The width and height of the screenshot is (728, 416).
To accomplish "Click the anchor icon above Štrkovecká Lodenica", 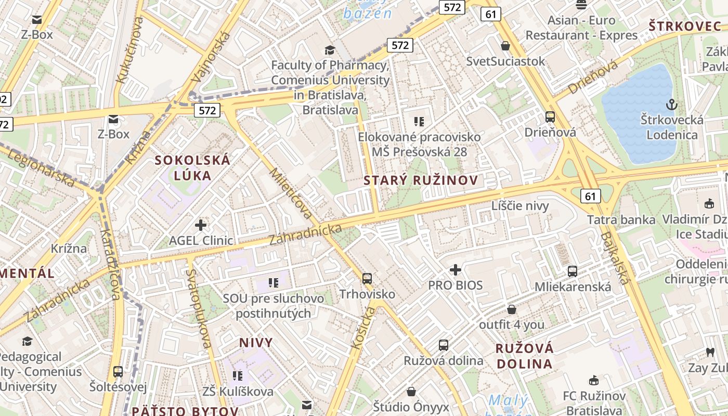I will click(x=672, y=105).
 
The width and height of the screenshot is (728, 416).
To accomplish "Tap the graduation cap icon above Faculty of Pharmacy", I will click(x=330, y=50).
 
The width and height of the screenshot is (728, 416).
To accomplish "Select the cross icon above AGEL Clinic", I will click(x=201, y=225).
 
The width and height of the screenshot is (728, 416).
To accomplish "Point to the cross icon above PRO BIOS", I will click(x=456, y=269).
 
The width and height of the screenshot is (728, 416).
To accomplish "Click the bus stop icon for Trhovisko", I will click(x=367, y=278).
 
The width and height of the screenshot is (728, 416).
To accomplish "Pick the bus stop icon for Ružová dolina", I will click(x=444, y=345).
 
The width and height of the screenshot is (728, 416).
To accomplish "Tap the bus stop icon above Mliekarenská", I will click(x=573, y=271).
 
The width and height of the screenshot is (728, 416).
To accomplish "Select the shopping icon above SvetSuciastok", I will click(x=505, y=46).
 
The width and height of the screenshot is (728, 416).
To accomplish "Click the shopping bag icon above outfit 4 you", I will click(x=512, y=309).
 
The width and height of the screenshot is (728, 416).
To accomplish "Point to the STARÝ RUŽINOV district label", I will click(x=421, y=180).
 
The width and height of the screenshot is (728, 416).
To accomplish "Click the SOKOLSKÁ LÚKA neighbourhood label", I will click(x=192, y=167).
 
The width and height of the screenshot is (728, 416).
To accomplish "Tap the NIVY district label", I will click(x=256, y=343).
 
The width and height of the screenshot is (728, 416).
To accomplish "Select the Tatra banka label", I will click(x=621, y=219).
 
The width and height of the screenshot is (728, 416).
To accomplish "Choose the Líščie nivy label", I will click(x=520, y=206).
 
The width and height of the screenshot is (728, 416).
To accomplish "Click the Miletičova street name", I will click(x=292, y=193).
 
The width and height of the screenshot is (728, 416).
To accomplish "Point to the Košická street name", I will click(x=363, y=328).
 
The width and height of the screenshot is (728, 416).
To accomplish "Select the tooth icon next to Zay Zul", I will click(x=710, y=353).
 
